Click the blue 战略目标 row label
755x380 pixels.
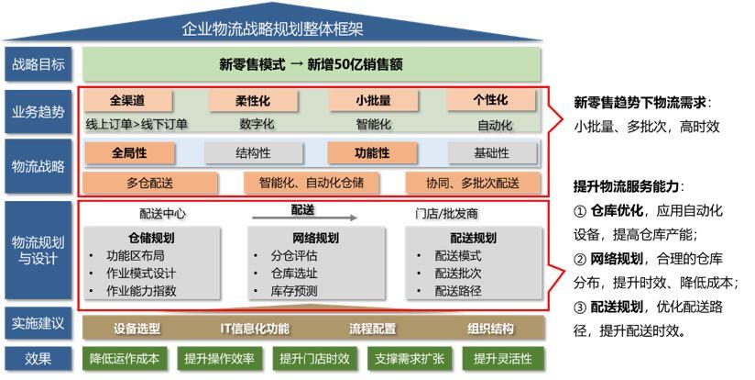(x=38, y=64)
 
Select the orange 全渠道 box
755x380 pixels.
(x=127, y=100)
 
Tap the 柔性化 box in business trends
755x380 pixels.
(x=253, y=101)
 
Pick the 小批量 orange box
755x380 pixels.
(x=373, y=101)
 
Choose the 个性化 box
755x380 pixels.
(x=490, y=100)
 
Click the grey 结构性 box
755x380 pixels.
(x=253, y=153)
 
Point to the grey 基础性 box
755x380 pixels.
(x=492, y=153)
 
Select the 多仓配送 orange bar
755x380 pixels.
(x=149, y=184)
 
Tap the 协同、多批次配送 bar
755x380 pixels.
(x=473, y=184)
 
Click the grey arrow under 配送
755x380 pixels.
(x=304, y=218)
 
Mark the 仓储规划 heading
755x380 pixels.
(x=151, y=238)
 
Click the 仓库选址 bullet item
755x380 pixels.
(x=294, y=274)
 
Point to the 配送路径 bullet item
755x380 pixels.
(x=458, y=291)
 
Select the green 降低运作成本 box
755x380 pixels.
(x=125, y=359)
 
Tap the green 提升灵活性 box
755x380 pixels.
(x=503, y=359)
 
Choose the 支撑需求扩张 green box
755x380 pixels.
(x=410, y=359)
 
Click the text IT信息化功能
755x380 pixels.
(x=255, y=329)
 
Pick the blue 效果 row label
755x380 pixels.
(x=38, y=358)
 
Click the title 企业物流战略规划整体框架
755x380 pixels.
(x=272, y=29)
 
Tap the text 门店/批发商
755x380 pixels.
(x=447, y=214)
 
